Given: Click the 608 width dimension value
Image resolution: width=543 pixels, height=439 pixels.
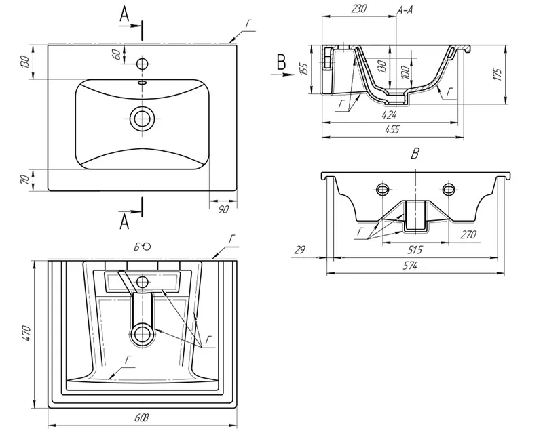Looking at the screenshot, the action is (x=142, y=418).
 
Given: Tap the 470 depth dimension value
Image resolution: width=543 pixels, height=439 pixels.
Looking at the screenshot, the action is (x=28, y=333).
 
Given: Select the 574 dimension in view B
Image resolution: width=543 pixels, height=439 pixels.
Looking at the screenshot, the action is (x=410, y=266).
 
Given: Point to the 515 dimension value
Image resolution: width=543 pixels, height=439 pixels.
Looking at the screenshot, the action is (x=415, y=249).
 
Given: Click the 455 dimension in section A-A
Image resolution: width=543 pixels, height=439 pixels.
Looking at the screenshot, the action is (x=392, y=129).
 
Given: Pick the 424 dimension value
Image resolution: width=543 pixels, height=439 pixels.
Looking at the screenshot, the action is (x=389, y=114).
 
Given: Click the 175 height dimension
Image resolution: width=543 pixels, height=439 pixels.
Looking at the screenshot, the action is (x=498, y=75).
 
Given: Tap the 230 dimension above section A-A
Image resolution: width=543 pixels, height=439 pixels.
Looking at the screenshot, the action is (x=359, y=8).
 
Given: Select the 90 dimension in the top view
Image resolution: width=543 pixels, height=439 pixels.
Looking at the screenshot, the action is (x=224, y=209).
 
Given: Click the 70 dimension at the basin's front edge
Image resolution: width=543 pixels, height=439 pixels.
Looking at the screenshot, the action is (x=24, y=180).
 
